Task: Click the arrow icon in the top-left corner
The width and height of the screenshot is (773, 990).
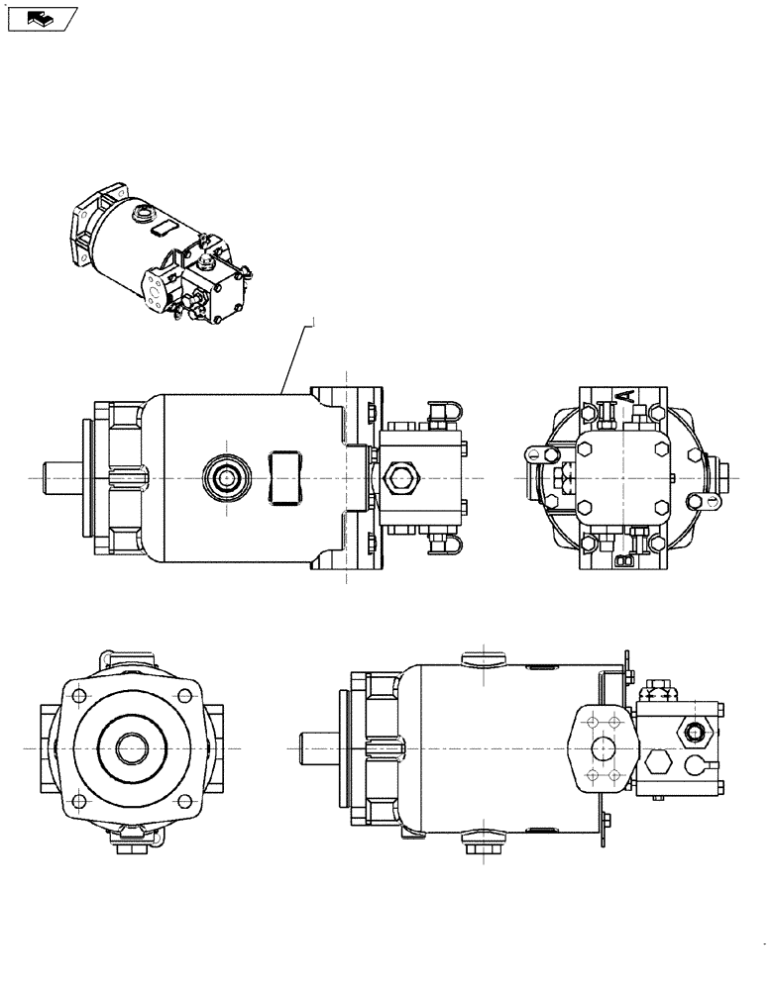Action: click(x=41, y=17)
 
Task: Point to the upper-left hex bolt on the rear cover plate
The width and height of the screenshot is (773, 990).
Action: click(x=584, y=448)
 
